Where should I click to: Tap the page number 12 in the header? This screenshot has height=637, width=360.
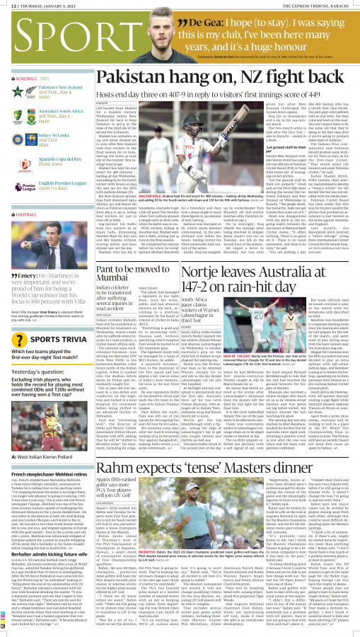(x=6, y=5)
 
